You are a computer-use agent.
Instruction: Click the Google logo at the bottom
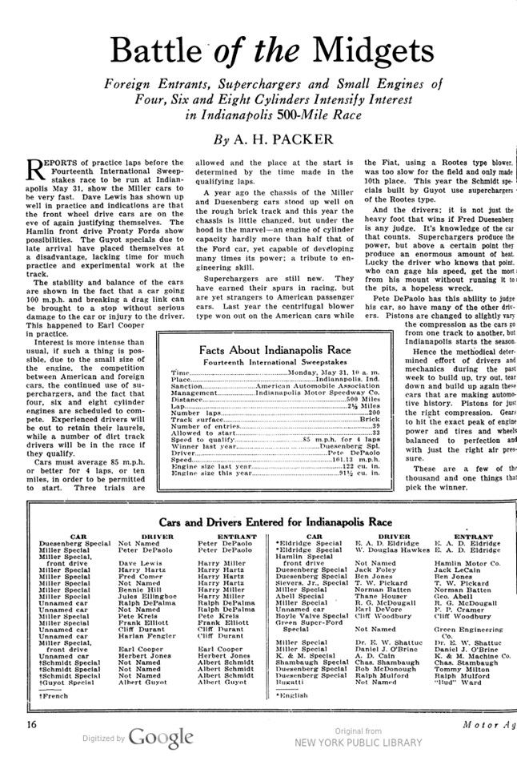[x=162, y=738]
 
